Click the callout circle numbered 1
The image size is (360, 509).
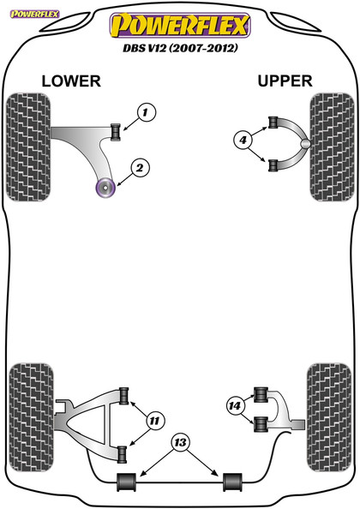(146, 112)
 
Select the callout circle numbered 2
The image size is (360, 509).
(140, 167)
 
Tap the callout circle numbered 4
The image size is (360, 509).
(243, 140)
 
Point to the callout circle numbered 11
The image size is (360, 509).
(154, 420)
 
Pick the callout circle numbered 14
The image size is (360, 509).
(233, 406)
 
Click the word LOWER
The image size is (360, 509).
(71, 81)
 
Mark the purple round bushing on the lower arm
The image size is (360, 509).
(108, 186)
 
